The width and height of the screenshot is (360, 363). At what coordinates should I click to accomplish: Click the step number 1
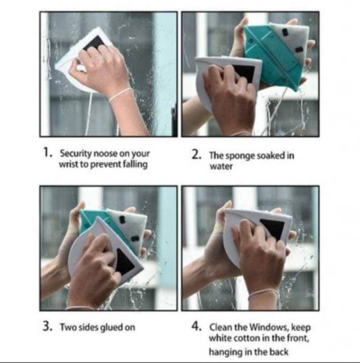[x=48, y=153]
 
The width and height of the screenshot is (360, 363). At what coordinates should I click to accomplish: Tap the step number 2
[x=196, y=154]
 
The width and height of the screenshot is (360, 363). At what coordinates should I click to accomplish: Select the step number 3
[x=48, y=327]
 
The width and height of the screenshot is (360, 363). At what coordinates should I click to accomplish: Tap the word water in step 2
[x=221, y=166]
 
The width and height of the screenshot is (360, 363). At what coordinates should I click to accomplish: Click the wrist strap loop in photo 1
[x=120, y=94]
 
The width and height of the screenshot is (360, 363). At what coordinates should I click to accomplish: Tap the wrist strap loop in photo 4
[x=263, y=294]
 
